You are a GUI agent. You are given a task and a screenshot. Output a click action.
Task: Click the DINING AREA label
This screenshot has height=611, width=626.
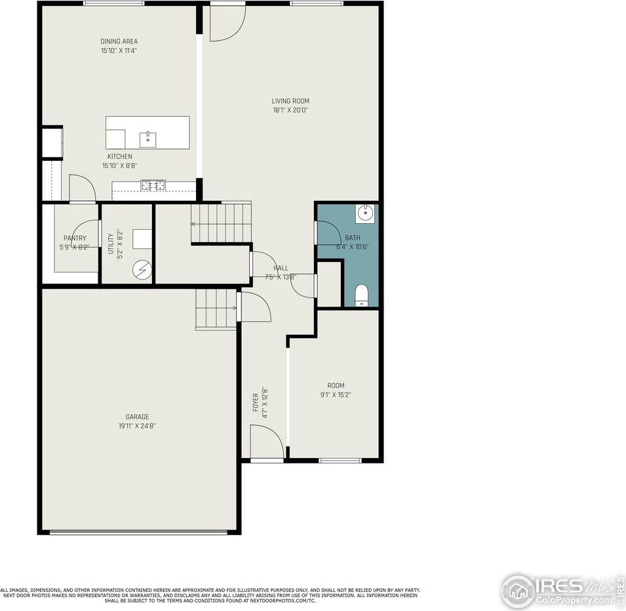(119, 41)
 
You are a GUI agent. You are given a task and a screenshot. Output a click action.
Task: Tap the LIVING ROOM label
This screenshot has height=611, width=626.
(290, 101)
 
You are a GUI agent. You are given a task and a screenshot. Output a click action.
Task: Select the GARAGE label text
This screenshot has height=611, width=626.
(137, 417)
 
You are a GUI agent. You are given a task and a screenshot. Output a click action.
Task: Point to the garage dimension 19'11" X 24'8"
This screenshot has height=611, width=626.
(137, 426)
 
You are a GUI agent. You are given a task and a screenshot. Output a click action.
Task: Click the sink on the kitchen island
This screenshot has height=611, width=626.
(147, 139)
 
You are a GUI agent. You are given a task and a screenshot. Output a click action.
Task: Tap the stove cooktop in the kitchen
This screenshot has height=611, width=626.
(153, 185)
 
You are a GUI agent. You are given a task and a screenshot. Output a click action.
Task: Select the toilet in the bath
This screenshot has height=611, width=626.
(362, 295)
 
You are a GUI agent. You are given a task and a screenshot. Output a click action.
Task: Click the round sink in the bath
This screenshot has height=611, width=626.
(365, 214)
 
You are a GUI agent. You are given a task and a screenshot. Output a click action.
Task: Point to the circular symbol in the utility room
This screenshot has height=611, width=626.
(142, 269)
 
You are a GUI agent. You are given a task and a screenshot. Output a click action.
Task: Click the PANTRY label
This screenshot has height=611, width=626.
(75, 238)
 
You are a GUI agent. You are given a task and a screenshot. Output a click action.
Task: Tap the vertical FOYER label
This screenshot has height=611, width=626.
(256, 402)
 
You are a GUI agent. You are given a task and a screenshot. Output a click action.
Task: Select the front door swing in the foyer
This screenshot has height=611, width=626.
(267, 442)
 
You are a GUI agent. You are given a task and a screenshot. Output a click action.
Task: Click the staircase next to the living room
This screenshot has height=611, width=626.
(221, 222)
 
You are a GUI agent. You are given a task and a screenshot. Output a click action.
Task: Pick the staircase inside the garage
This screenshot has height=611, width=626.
(216, 308)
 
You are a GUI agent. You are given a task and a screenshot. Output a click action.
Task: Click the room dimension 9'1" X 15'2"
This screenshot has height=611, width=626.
(336, 394)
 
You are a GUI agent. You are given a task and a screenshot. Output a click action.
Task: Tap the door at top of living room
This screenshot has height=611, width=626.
(226, 23)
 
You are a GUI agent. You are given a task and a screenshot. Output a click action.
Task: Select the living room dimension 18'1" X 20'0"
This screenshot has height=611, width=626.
(290, 110)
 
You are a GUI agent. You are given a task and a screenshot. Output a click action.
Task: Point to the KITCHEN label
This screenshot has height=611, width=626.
(119, 156)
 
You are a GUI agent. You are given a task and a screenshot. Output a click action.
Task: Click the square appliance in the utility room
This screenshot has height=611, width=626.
(142, 239)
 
